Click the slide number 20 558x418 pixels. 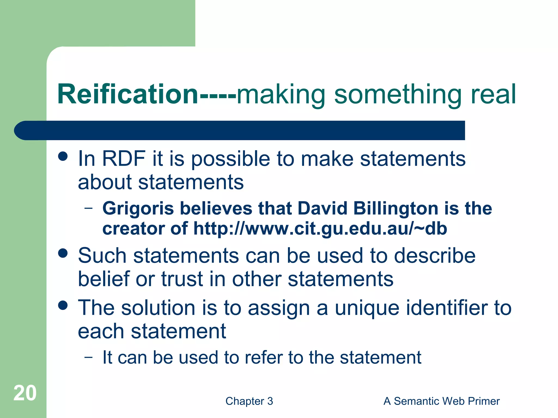click(x=25, y=393)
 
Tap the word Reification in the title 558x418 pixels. click(x=128, y=94)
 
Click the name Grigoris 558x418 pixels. click(x=138, y=208)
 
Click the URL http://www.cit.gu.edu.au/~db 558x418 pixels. click(x=320, y=229)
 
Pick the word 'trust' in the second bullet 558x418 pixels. click(x=182, y=279)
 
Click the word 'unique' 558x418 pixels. click(x=367, y=309)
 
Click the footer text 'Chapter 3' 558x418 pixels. click(x=249, y=401)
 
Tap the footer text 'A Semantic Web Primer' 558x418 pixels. click(x=441, y=401)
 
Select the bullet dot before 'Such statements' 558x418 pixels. click(x=63, y=253)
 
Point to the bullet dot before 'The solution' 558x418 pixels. click(x=63, y=305)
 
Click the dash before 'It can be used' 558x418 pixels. click(x=88, y=357)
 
